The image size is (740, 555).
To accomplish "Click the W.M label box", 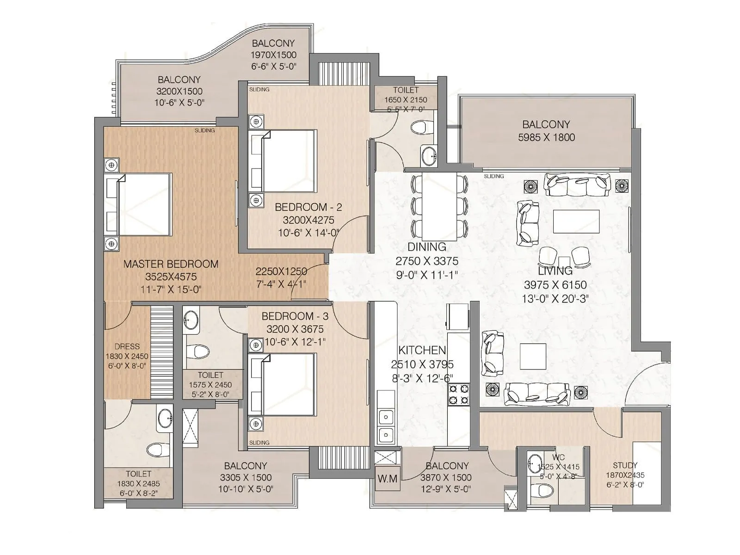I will pos(387,479).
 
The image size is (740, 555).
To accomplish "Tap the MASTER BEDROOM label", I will pos(171,264).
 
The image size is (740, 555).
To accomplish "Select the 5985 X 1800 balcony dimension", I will pos(546,137).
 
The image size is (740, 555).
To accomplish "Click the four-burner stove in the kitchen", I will pos(458,394).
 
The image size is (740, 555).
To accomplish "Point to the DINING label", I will pos(426,247).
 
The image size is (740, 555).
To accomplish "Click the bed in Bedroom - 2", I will pos(283,161).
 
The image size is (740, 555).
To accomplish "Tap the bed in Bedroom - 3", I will pos(283,384).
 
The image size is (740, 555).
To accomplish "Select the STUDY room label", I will pos(625,465).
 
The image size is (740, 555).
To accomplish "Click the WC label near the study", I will pos(558,457).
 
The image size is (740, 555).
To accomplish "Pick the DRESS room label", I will pos(127,346).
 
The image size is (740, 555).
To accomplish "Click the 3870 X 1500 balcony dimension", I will pos(446,477).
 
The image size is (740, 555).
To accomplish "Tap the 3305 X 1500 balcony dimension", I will pos(246,477).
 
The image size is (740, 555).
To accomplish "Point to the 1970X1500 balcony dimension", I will pos(273,55).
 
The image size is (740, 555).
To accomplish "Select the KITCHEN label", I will pos(422,350).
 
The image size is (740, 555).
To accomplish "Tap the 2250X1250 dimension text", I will pos(281,272).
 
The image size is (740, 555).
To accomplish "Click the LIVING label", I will pos(555,271).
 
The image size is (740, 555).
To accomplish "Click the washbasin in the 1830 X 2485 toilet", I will pos(164,419).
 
